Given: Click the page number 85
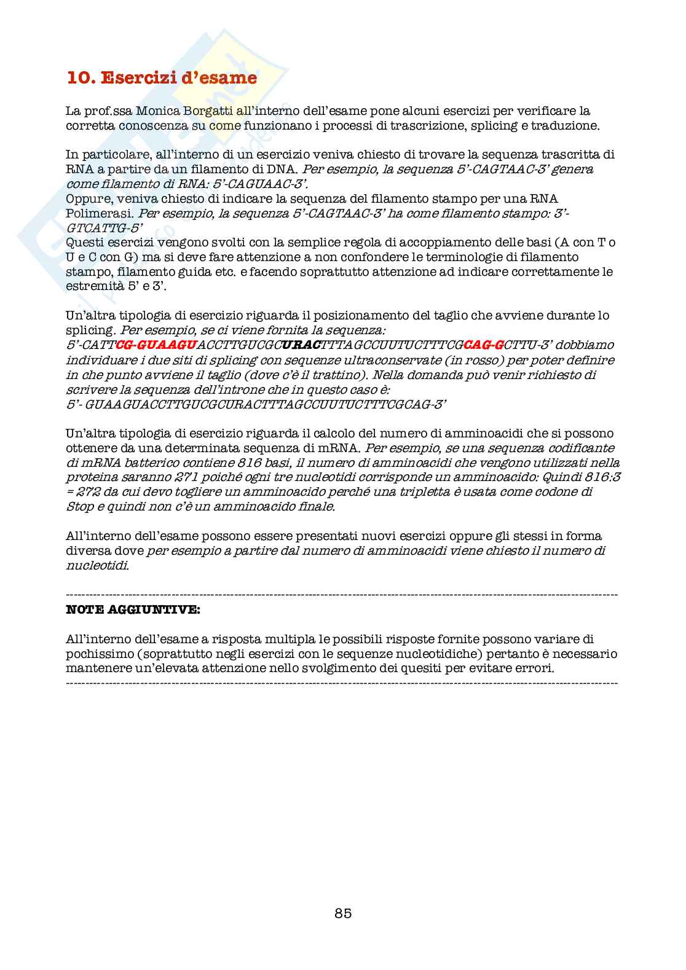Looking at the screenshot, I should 343,913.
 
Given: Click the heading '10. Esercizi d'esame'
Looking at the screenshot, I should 162,78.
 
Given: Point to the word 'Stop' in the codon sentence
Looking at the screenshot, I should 80,507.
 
